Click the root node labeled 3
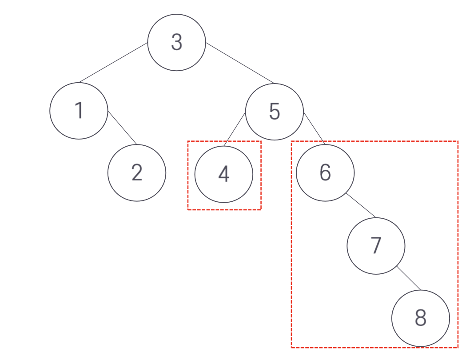(x=176, y=42)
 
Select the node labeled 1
(x=79, y=111)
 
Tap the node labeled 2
(x=137, y=172)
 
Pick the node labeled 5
(x=275, y=111)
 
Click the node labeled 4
(x=224, y=174)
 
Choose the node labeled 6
(x=325, y=172)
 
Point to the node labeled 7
(x=376, y=245)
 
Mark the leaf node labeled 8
(x=420, y=318)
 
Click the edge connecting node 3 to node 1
(x=113, y=63)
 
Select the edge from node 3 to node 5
(x=240, y=64)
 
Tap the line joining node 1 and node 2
(x=122, y=128)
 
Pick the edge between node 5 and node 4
(x=235, y=129)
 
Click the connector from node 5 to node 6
(x=315, y=128)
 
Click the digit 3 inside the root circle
(x=176, y=42)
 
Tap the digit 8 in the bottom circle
(x=420, y=318)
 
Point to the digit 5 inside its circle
(x=275, y=111)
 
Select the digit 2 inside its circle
(x=137, y=172)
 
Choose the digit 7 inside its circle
(x=376, y=245)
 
